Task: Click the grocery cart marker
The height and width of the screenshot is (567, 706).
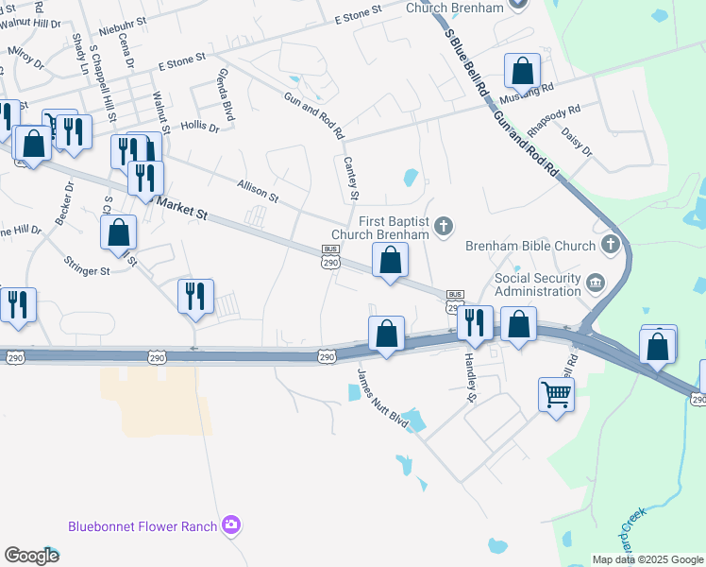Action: [x=557, y=394]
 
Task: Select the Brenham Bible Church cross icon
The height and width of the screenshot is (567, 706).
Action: [x=611, y=246]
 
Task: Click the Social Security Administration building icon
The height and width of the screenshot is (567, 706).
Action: [x=595, y=283]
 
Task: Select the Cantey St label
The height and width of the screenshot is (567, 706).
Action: [x=352, y=179]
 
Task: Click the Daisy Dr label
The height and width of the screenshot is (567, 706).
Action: [x=576, y=145]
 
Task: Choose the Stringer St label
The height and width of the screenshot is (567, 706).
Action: [x=87, y=266]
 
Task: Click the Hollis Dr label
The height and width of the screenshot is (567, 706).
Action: [x=199, y=126]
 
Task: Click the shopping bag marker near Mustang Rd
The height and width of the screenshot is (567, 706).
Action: [x=522, y=71]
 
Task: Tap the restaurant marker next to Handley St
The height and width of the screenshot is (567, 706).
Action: [x=475, y=322]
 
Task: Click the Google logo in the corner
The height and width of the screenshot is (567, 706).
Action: [x=31, y=556]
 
